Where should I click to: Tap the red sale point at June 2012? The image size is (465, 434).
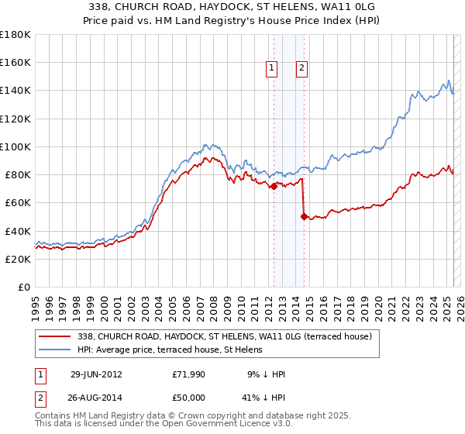tap(274, 186)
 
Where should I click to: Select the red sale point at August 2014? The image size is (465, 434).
tap(303, 216)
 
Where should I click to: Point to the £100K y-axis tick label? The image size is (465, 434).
tap(15, 146)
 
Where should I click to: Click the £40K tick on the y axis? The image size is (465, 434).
tap(18, 231)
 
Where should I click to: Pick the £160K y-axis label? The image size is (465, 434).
tap(15, 62)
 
